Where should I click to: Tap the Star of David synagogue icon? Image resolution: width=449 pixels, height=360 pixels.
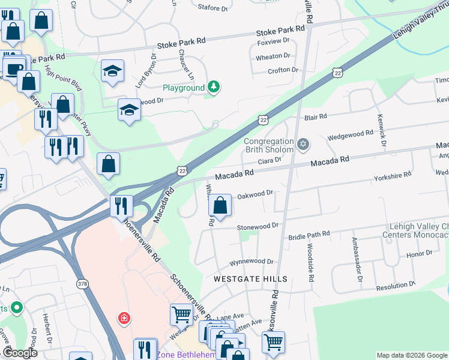(303, 144)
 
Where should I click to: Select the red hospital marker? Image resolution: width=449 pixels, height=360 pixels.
(124, 317)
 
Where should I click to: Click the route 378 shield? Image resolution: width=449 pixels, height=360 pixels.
(82, 282)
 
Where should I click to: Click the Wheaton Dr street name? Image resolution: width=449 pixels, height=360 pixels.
(273, 56)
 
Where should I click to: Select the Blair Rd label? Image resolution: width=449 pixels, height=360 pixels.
(315, 116)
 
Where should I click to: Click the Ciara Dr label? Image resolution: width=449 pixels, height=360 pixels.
(270, 161)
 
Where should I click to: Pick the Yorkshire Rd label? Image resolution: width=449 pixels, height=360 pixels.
(393, 175)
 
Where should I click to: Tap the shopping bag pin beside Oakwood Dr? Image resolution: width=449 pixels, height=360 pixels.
(220, 206)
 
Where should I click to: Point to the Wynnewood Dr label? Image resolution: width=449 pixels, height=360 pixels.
(252, 262)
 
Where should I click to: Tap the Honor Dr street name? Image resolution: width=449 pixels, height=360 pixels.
(415, 254)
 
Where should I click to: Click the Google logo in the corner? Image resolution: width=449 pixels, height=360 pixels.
(20, 353)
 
